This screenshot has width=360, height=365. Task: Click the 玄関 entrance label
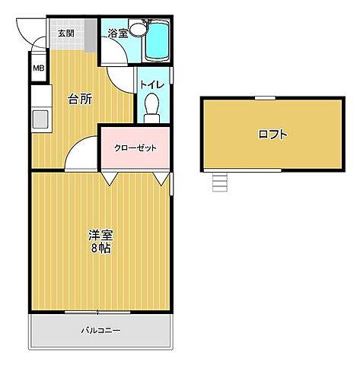(x=65, y=33)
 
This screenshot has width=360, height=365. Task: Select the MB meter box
(x=38, y=70)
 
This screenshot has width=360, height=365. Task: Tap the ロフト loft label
(x=272, y=135)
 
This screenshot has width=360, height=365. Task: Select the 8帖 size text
(x=100, y=249)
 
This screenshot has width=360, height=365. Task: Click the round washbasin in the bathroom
(x=138, y=30)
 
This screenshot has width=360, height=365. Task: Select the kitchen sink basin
(x=40, y=119)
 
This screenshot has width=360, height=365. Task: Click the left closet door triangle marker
(x=111, y=178)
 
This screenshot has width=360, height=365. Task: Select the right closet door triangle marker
(x=161, y=178)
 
